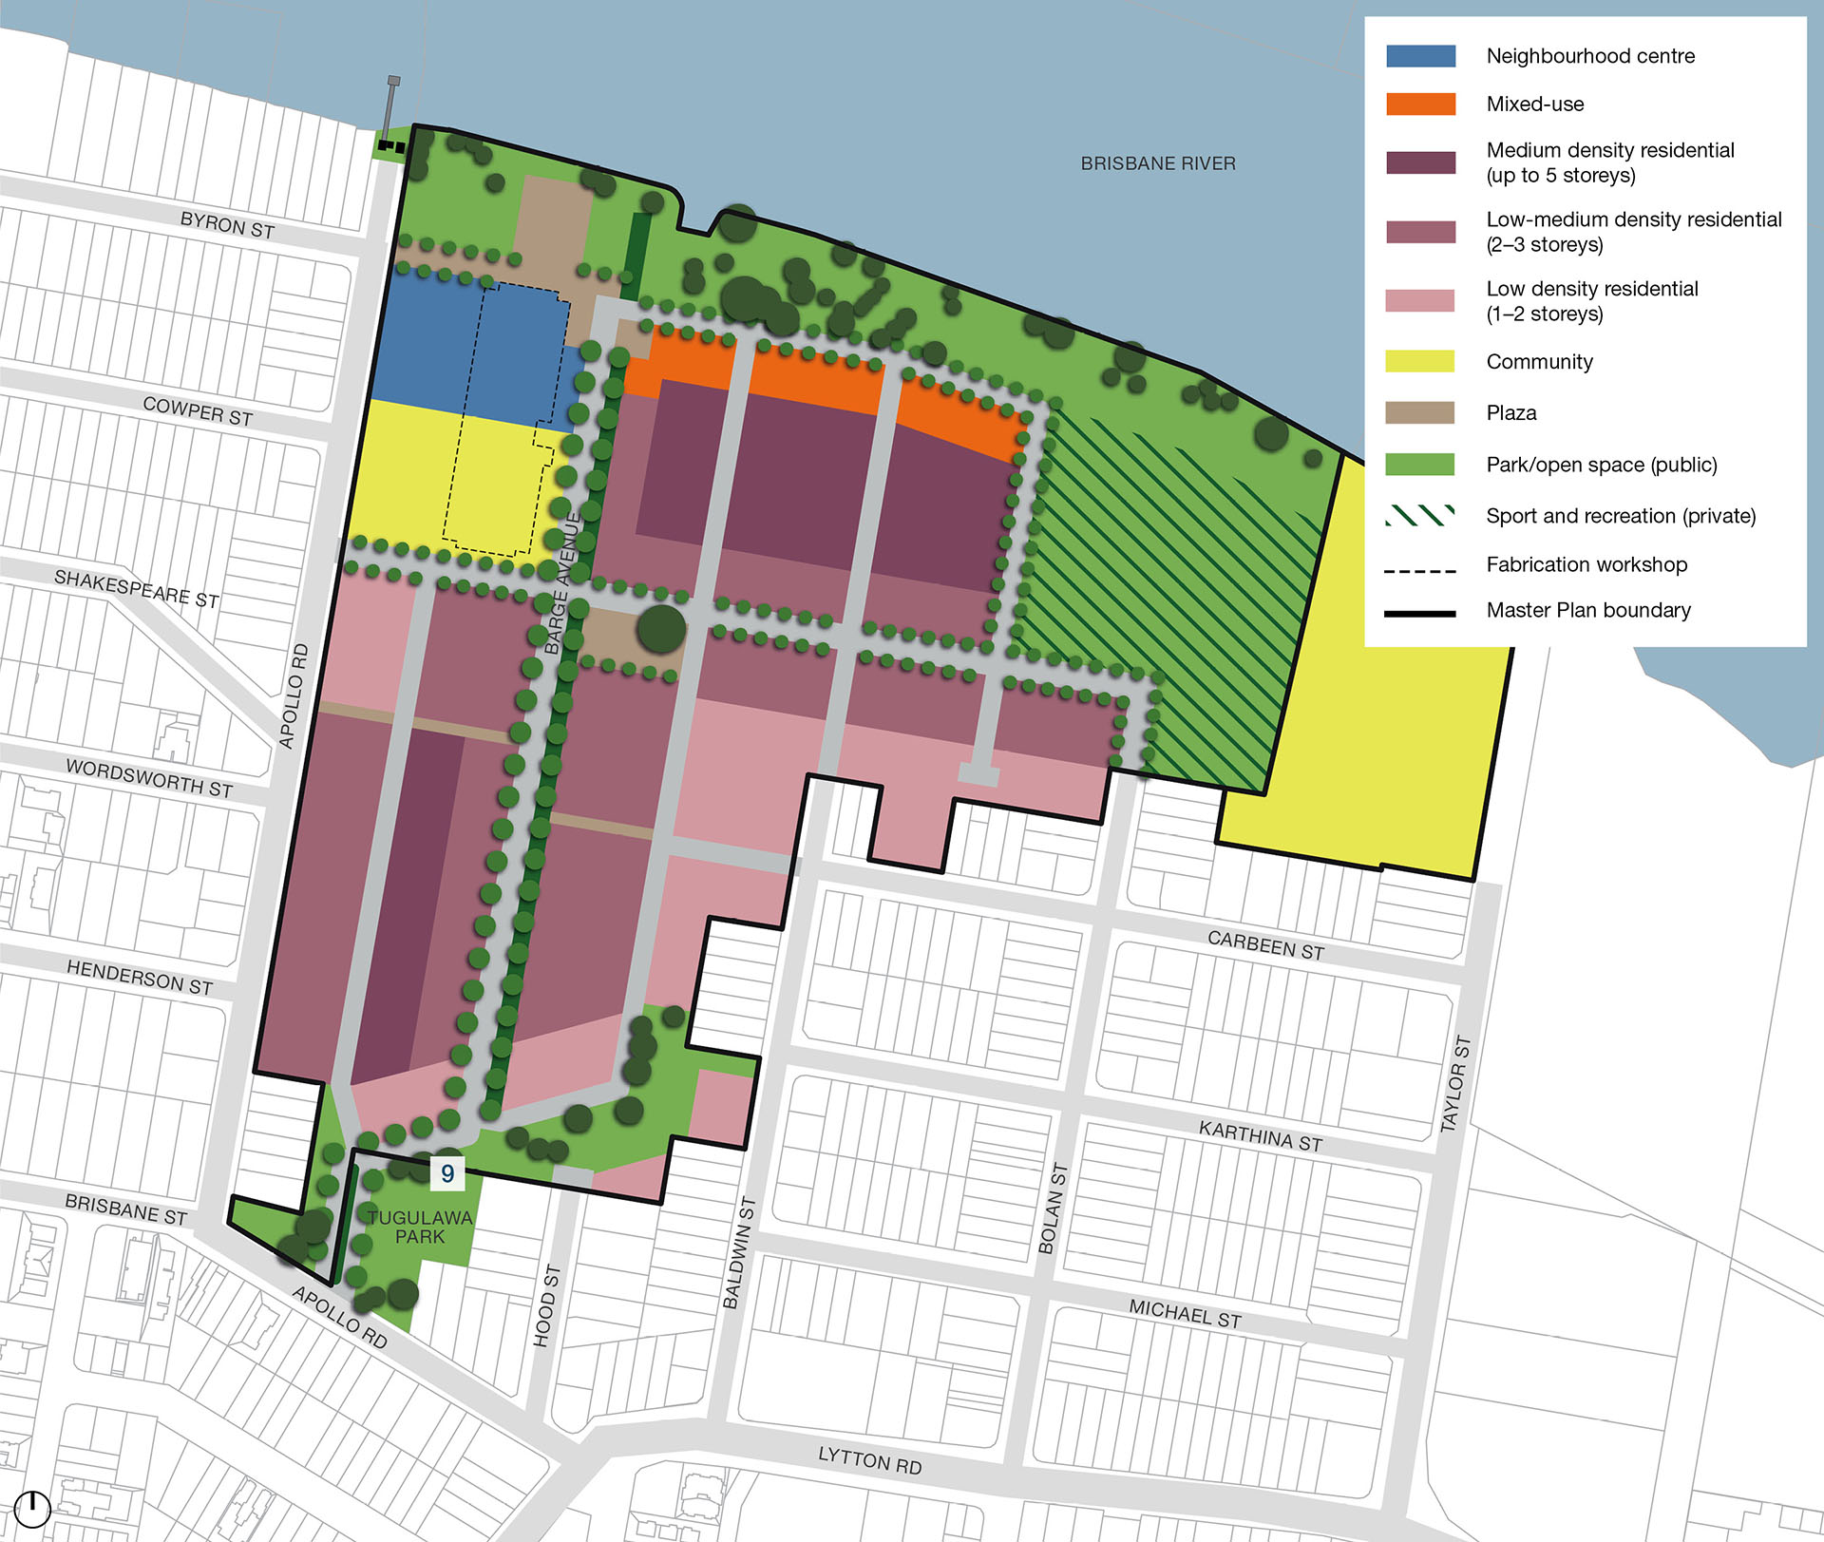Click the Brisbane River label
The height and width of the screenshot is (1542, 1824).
(x=1158, y=163)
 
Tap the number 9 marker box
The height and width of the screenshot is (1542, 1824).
(x=447, y=1173)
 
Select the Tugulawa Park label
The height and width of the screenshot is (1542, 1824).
(x=420, y=1227)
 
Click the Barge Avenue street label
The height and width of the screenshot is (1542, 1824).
(x=563, y=583)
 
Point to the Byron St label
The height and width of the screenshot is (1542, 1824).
(x=227, y=225)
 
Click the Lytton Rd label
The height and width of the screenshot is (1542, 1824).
(x=869, y=1460)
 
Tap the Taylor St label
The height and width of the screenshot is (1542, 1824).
(x=1455, y=1084)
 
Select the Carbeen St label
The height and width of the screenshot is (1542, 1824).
(x=1265, y=945)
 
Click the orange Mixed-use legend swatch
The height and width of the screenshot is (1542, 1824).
(x=1420, y=104)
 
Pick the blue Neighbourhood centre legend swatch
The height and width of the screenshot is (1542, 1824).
(x=1420, y=55)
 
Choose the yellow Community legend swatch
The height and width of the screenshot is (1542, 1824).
(x=1420, y=361)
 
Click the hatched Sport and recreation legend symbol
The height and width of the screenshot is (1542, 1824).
(x=1420, y=516)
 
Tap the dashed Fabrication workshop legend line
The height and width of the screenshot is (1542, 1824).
(x=1420, y=571)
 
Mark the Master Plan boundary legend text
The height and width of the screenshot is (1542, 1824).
(x=1588, y=610)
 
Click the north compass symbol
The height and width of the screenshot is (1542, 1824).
(x=32, y=1507)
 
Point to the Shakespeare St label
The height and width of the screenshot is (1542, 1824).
(x=137, y=589)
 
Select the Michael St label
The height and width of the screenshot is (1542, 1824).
(x=1185, y=1314)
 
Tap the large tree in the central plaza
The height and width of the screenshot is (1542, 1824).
(x=661, y=628)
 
